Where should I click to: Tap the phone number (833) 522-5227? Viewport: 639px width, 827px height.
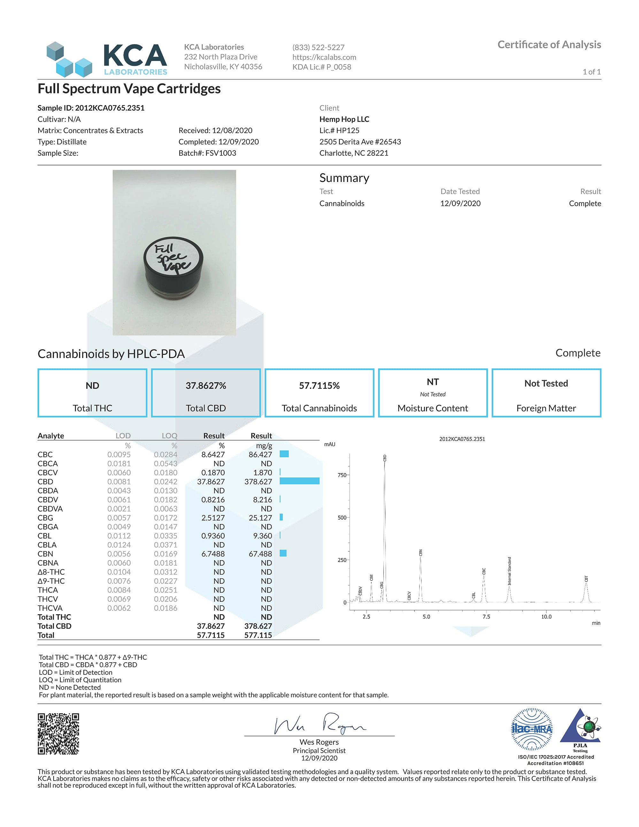pos(318,47)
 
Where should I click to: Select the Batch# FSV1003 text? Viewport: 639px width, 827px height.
pos(207,153)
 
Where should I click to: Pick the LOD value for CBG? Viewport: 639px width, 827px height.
pos(119,518)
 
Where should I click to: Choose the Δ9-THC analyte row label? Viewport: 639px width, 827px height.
pos(51,581)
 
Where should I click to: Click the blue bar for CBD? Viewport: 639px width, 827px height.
pos(299,481)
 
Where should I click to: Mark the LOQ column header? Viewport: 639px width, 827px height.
pos(169,436)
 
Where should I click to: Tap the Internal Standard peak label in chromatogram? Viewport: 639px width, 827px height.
pos(509,571)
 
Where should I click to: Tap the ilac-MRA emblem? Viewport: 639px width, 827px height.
pos(532,729)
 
